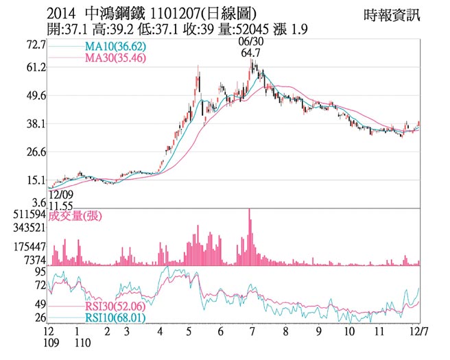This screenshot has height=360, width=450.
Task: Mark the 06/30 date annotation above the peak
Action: point(250,42)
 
